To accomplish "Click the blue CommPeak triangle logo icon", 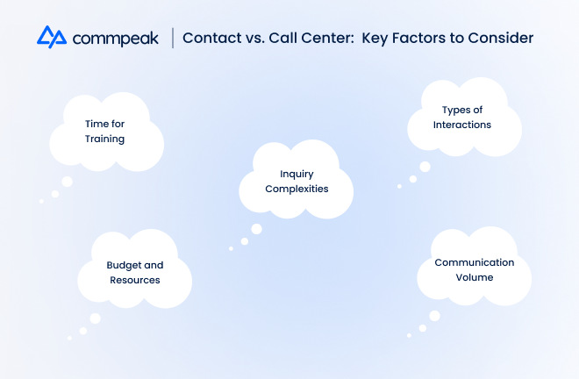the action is tap(52, 37).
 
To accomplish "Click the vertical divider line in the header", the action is tap(173, 38).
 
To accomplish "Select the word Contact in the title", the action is tap(212, 38).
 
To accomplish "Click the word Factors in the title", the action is tap(418, 38).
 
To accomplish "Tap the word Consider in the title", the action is tap(501, 38).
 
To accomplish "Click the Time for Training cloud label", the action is tap(105, 131).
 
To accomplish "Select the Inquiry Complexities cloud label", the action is tap(297, 182).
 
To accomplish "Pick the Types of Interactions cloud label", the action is tap(462, 117).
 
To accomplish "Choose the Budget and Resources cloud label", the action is tap(135, 273).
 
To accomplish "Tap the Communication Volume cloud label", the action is tap(475, 269).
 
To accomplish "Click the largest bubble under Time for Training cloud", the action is tap(68, 182).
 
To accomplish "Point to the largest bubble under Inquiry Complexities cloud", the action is tap(257, 229).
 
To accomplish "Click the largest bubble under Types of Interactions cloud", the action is tap(425, 167).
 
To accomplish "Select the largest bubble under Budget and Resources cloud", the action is tap(96, 318).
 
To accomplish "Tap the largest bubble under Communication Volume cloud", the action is tap(434, 316).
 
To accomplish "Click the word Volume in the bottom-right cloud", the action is tap(475, 277).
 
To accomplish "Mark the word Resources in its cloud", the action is tap(135, 280).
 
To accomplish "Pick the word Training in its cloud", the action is tap(105, 139).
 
